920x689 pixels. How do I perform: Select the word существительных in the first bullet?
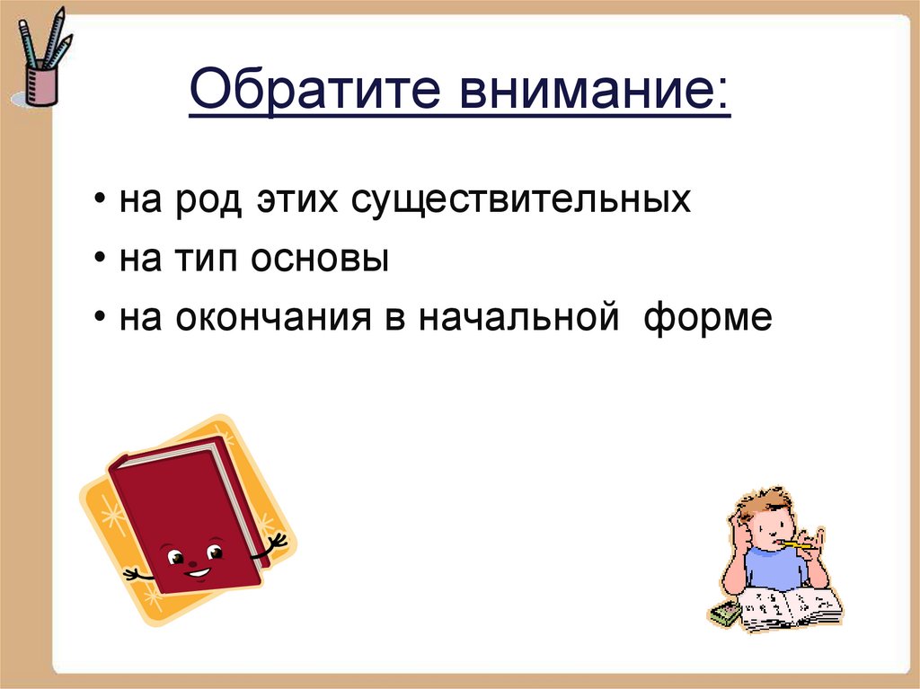(x=520, y=199)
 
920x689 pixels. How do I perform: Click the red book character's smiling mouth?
(x=197, y=571)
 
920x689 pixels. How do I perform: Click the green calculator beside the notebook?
(x=724, y=614)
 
